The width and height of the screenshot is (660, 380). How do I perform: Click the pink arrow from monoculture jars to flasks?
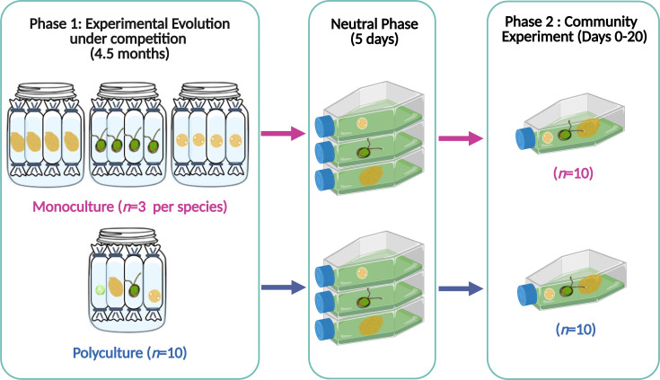click(283, 134)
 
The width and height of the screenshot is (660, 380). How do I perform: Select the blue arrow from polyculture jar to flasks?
click(283, 287)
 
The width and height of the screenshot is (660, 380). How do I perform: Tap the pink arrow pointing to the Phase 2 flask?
click(461, 138)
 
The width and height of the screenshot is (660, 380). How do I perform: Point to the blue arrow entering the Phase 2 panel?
click(461, 288)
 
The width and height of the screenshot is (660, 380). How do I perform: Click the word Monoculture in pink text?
click(73, 207)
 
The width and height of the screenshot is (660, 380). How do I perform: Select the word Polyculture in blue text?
click(108, 353)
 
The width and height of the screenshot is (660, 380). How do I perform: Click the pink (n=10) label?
click(573, 173)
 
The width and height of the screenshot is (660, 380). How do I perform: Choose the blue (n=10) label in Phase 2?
click(576, 329)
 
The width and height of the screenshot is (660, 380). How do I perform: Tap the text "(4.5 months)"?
click(129, 54)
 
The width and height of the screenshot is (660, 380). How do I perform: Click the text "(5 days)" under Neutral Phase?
click(374, 40)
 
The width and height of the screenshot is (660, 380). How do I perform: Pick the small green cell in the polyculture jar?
click(101, 290)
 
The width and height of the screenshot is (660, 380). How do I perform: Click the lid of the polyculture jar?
click(128, 236)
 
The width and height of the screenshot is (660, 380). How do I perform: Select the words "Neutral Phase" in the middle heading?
click(374, 24)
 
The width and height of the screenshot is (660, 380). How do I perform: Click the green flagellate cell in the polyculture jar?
click(135, 290)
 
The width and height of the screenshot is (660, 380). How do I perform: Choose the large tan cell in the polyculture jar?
click(115, 286)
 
